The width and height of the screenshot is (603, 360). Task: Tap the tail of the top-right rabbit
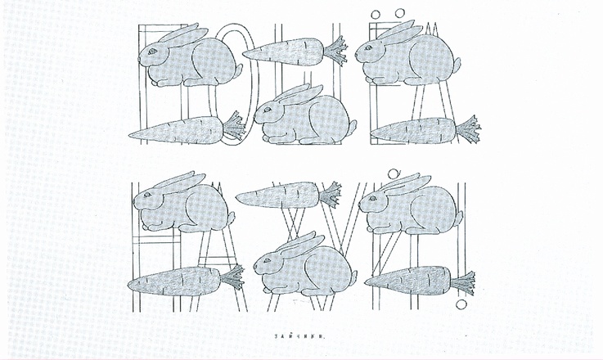(x=454, y=65)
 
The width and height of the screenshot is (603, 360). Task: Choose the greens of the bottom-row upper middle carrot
(x=331, y=196)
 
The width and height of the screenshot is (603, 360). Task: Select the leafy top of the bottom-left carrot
(x=232, y=277)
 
